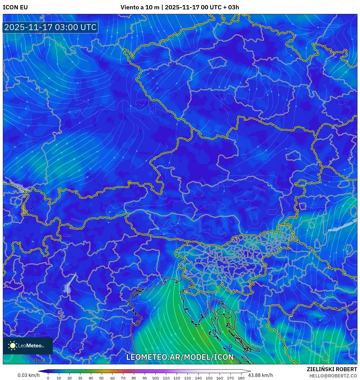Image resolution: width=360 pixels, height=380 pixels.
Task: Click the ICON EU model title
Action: [15, 7]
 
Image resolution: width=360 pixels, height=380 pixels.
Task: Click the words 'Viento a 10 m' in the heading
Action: [140, 7]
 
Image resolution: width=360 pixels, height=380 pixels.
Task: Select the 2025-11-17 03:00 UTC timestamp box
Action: [50, 28]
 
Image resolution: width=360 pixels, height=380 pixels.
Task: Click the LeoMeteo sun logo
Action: [13, 346]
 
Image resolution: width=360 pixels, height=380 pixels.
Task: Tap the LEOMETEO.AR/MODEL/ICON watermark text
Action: [180, 357]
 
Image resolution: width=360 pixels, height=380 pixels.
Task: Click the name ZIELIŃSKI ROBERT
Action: [332, 369]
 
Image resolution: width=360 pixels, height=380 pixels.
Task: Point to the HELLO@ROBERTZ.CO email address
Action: [333, 376]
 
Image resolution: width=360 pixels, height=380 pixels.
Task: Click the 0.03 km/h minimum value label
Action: [28, 375]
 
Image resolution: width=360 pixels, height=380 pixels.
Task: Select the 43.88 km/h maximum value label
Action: [260, 375]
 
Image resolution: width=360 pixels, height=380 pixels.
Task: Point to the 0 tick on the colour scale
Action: [48, 378]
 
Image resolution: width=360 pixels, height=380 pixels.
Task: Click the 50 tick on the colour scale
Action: [101, 378]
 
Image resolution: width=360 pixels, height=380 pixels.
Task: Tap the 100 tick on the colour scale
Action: [155, 378]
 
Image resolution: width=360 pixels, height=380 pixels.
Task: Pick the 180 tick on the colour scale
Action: [241, 378]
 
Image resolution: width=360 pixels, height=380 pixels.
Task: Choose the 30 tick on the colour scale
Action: [80, 378]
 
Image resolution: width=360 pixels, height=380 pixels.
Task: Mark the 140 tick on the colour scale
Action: [198, 378]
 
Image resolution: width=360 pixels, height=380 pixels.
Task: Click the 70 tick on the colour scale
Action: [123, 378]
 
